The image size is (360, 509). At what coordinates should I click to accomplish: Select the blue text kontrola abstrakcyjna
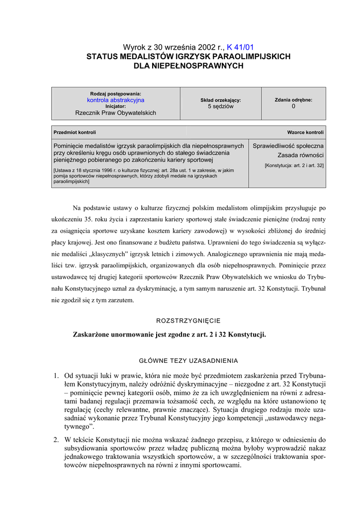pyautogui.click(x=115, y=100)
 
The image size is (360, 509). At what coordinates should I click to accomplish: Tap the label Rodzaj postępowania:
pyautogui.click(x=115, y=93)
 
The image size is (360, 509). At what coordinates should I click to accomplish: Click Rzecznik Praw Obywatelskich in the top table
pyautogui.click(x=115, y=113)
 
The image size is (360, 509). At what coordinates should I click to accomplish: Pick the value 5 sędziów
pyautogui.click(x=220, y=106)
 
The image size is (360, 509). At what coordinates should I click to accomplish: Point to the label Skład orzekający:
pyautogui.click(x=220, y=100)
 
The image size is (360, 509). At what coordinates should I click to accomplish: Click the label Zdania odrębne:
pyautogui.click(x=293, y=100)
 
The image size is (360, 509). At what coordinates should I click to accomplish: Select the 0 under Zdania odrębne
pyautogui.click(x=293, y=106)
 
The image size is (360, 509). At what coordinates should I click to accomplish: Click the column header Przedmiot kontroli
pyautogui.click(x=75, y=132)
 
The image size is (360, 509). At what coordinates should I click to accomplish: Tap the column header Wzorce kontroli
pyautogui.click(x=305, y=132)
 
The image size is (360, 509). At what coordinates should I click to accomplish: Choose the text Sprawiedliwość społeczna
pyautogui.click(x=288, y=146)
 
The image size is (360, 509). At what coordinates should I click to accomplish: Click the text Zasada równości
pyautogui.click(x=300, y=156)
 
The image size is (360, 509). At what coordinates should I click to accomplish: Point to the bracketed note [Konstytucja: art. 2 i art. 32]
pyautogui.click(x=294, y=165)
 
